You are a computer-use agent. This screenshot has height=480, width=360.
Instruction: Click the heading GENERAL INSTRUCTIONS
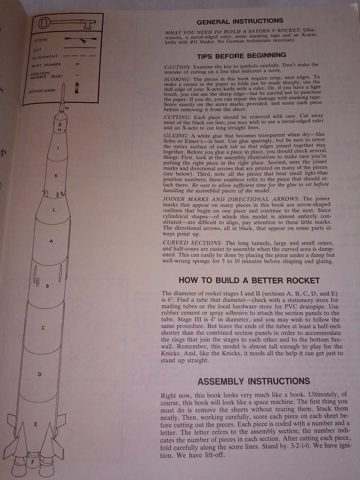point(240,21)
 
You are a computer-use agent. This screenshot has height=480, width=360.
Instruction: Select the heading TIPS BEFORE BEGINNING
point(241,55)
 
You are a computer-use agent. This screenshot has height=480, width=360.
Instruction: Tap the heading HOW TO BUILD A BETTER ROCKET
point(249,281)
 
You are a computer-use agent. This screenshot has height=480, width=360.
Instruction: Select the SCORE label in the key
point(41,40)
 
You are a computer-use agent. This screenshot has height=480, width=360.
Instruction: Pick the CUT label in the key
point(37,50)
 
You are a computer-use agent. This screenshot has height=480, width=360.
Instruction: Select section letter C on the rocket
point(43,328)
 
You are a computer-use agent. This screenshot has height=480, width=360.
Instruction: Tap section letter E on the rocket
point(35,425)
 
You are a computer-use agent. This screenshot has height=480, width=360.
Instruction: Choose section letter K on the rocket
point(56,176)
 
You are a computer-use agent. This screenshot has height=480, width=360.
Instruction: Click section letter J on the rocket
point(58,148)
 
